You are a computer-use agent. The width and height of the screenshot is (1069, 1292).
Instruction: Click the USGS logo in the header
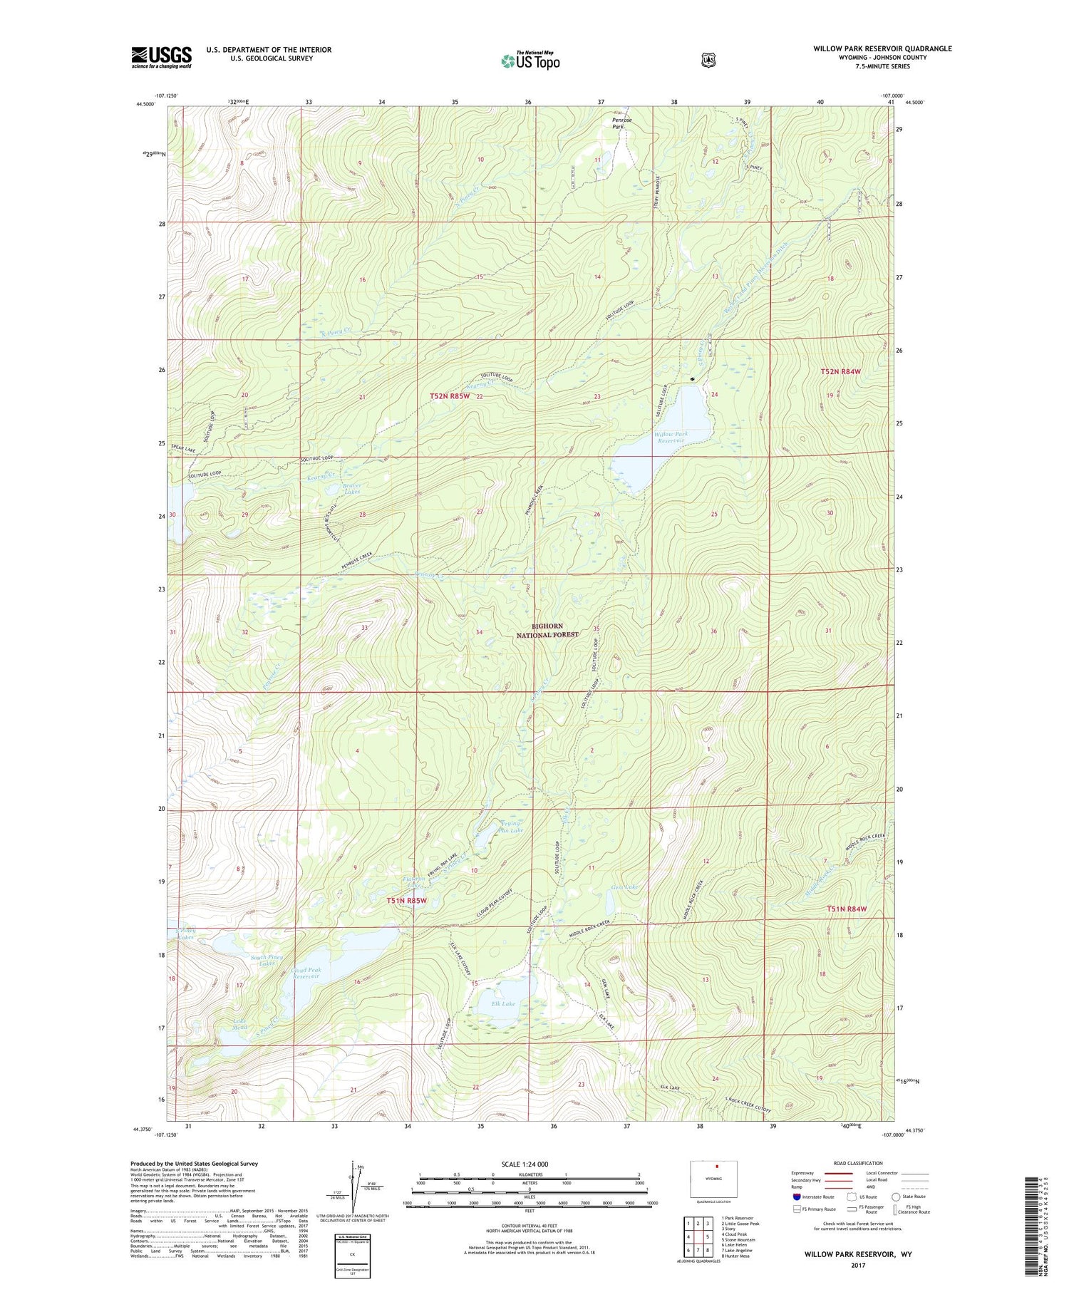tap(161, 57)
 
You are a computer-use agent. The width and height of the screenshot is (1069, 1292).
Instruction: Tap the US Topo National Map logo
tap(530, 61)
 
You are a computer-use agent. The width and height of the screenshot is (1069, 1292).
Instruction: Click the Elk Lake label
tap(503, 1003)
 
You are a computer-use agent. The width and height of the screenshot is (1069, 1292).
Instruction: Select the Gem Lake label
tap(624, 887)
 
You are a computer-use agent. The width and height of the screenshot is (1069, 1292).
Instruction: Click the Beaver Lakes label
tap(351, 489)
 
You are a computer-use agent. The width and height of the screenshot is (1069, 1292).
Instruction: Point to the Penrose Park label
tap(621, 123)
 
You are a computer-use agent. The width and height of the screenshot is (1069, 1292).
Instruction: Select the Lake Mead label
tap(240, 1024)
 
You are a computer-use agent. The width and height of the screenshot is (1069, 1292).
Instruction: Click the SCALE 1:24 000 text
tap(525, 1164)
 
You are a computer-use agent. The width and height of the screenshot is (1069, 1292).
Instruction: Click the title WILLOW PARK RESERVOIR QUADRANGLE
tap(882, 48)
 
